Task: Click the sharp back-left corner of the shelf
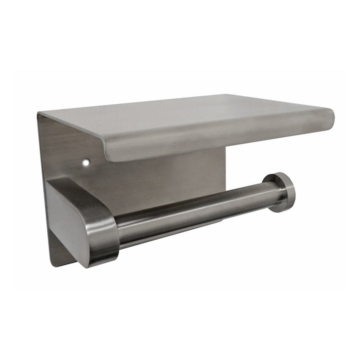(x=39, y=113)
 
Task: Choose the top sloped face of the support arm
(x=80, y=192)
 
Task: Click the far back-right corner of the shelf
(x=228, y=95)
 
